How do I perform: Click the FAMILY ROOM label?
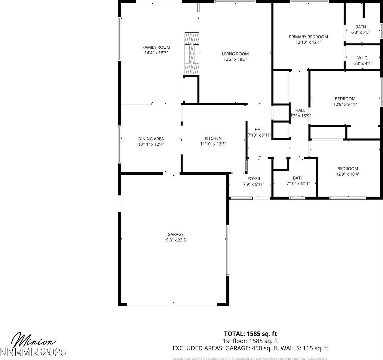click(x=156, y=47)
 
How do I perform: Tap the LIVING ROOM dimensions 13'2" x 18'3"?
click(x=235, y=59)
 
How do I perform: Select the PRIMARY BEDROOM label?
click(x=308, y=37)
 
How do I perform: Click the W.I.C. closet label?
click(x=363, y=58)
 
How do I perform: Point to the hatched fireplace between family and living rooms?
click(x=192, y=53)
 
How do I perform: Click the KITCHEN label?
click(x=213, y=138)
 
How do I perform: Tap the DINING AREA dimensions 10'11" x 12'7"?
click(x=151, y=144)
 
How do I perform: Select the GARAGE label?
click(x=176, y=234)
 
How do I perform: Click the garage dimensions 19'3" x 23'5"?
click(x=176, y=240)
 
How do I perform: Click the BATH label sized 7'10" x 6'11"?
click(x=298, y=178)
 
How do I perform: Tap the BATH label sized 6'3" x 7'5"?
click(x=361, y=27)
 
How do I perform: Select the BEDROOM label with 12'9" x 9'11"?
click(x=345, y=99)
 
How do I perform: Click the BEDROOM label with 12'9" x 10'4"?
click(x=348, y=169)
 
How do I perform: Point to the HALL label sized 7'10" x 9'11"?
click(x=259, y=129)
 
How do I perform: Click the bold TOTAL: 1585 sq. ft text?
click(x=250, y=334)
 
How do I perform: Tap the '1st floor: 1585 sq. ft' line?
click(x=250, y=341)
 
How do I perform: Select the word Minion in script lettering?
click(x=33, y=340)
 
